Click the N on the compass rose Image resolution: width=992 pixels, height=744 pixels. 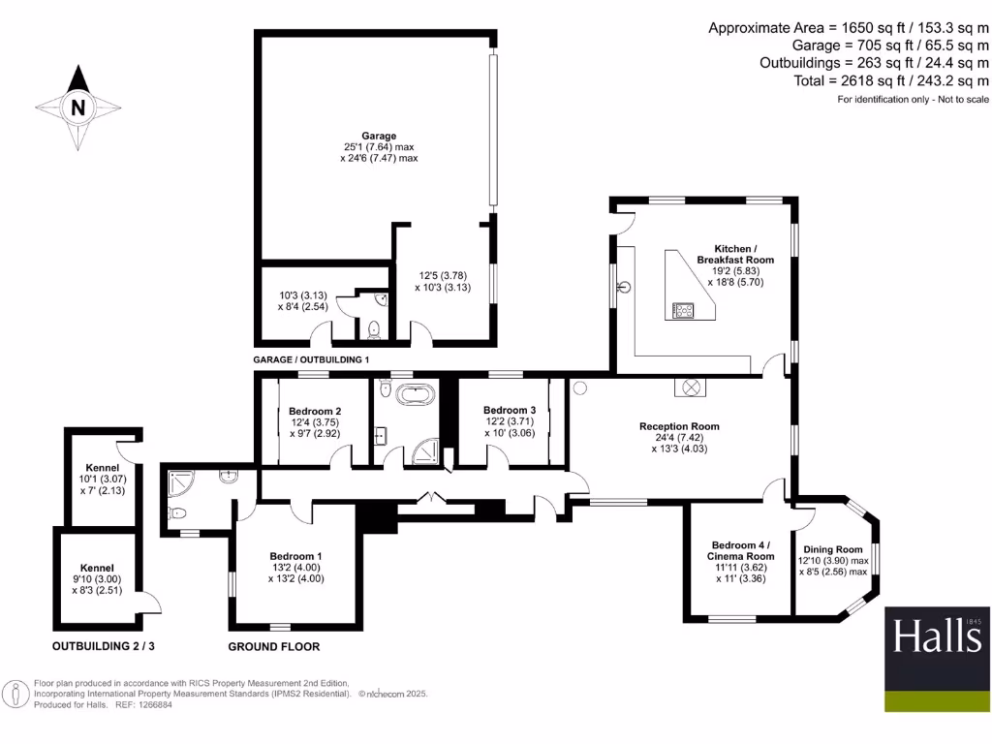[x=77, y=108]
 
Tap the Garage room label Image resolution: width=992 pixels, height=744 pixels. [x=379, y=136]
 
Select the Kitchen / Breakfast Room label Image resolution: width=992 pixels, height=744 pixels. [x=735, y=255]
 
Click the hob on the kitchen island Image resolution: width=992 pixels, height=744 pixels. [x=683, y=310]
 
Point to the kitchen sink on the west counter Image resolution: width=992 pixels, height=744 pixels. [x=625, y=288]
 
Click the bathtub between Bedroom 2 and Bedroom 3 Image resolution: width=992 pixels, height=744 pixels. [x=416, y=395]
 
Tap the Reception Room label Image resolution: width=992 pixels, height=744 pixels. [x=679, y=426]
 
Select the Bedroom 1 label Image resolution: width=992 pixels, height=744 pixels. [x=295, y=556]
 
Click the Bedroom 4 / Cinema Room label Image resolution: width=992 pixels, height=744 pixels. [x=741, y=550]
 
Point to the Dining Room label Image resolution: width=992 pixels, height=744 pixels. [x=832, y=550]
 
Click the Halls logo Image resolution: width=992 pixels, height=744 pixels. [x=937, y=659]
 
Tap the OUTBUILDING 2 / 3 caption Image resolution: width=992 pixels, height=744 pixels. [x=103, y=646]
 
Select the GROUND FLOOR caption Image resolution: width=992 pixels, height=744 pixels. [x=274, y=646]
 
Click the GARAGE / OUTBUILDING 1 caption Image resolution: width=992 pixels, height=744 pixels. [x=311, y=359]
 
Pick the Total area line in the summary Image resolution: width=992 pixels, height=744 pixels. [x=891, y=81]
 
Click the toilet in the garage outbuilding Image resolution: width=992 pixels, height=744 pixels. [x=374, y=329]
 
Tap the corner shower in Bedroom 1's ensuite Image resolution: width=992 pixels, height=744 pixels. [x=179, y=483]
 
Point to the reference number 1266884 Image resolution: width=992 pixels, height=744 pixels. [x=153, y=705]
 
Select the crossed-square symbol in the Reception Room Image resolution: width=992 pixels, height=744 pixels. [x=690, y=387]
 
